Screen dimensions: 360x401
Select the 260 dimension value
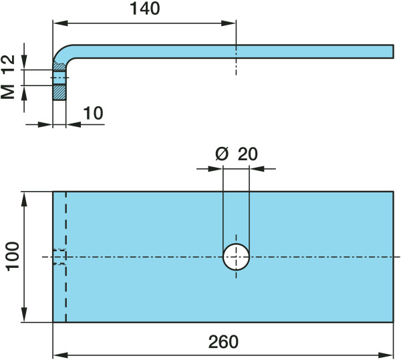pyautogui.click(x=223, y=342)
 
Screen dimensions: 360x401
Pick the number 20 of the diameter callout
pyautogui.click(x=247, y=154)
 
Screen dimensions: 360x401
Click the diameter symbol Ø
pyautogui.click(x=222, y=154)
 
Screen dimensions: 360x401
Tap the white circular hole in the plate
pyautogui.click(x=236, y=257)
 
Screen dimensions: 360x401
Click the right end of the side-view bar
pyautogui.click(x=391, y=51)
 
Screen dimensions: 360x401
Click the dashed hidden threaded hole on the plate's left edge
pyautogui.click(x=59, y=257)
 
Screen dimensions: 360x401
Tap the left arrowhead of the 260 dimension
pyautogui.click(x=57, y=354)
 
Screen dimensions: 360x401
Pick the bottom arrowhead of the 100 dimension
pyautogui.click(x=25, y=317)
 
